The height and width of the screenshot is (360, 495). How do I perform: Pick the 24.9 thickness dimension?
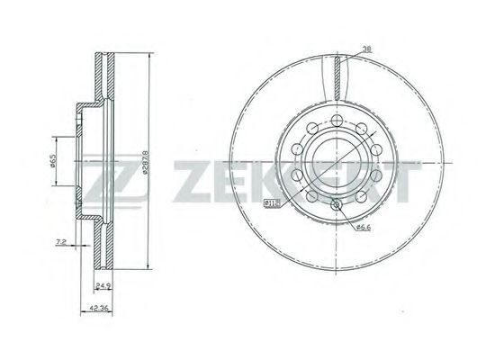(x=102, y=287)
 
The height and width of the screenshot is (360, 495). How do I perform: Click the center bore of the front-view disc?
(x=335, y=163)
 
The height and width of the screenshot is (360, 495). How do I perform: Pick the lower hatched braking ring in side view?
(x=101, y=247)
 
